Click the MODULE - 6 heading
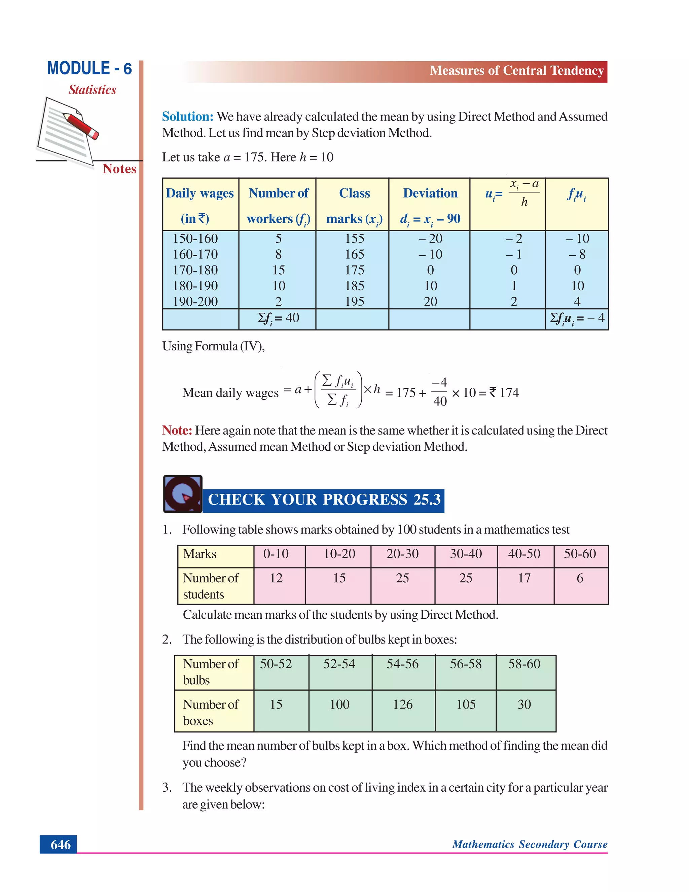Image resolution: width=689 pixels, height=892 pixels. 89,68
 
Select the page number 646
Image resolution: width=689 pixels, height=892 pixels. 61,844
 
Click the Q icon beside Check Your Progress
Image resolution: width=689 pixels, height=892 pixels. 182,494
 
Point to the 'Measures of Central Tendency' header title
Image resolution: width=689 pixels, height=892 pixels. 516,71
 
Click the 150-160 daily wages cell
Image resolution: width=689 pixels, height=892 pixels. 195,239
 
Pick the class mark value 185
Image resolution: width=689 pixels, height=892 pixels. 354,286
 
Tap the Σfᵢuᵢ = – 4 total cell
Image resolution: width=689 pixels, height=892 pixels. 577,318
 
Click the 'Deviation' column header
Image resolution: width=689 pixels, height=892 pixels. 430,193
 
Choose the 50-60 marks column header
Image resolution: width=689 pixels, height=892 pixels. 580,554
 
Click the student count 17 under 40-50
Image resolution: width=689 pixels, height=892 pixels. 524,578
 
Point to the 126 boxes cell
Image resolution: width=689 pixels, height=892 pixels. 402,704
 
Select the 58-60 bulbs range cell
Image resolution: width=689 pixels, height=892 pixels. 524,664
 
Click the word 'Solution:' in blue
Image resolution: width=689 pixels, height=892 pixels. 188,117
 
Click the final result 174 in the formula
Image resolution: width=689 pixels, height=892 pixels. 509,393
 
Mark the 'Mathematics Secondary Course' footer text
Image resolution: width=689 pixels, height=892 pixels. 530,844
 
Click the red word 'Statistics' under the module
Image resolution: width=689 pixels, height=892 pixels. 92,90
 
